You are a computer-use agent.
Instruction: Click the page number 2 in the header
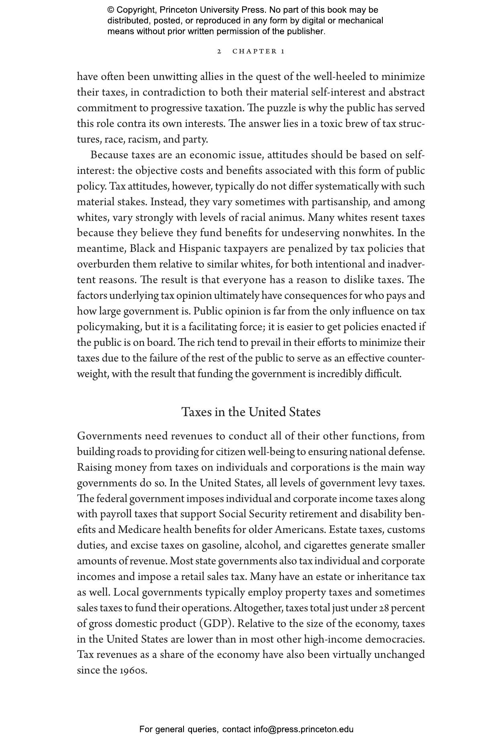(219, 51)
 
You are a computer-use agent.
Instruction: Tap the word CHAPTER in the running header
(255, 51)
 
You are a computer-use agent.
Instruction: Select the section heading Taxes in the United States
(251, 412)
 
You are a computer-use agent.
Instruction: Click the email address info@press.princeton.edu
(303, 729)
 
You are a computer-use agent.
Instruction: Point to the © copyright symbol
(111, 10)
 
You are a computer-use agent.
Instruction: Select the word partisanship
(340, 202)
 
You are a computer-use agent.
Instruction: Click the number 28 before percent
(384, 608)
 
